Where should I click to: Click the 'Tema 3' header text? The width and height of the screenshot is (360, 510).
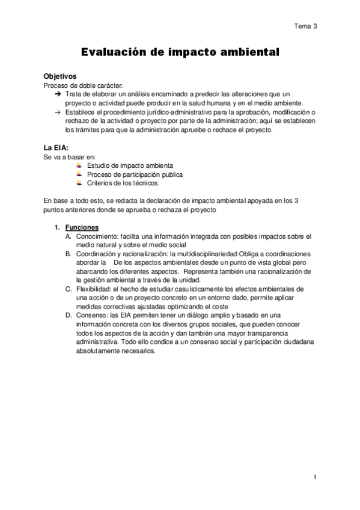tap(305, 26)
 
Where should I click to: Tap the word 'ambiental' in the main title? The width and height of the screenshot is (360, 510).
tap(248, 53)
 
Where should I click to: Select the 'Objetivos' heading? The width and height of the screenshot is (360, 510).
tap(60, 77)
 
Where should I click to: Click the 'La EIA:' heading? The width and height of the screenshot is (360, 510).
tap(56, 147)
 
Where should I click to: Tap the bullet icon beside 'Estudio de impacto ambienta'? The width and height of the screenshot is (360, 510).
tap(80, 165)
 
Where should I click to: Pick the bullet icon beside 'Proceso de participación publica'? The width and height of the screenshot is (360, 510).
tap(80, 174)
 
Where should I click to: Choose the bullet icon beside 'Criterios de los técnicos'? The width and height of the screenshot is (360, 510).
tap(80, 183)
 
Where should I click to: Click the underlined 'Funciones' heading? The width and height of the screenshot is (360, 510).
tap(82, 227)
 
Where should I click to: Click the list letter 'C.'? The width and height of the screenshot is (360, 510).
tap(69, 289)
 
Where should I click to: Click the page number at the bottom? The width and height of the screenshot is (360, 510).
tap(314, 477)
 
